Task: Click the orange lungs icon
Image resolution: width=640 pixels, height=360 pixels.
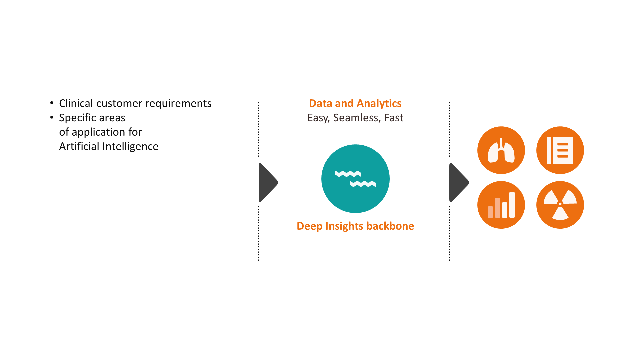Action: (x=501, y=150)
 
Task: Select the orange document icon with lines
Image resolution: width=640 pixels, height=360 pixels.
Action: (x=560, y=150)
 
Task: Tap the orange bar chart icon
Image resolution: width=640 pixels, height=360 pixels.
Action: (x=501, y=205)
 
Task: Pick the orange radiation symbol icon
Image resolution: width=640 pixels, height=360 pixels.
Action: (x=560, y=205)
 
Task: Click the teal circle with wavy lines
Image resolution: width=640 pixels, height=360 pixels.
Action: (x=355, y=179)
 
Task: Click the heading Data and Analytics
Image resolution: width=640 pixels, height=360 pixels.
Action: (x=355, y=103)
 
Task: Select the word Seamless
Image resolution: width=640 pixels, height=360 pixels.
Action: (x=356, y=118)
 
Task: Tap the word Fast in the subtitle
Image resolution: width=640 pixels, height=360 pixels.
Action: (x=393, y=118)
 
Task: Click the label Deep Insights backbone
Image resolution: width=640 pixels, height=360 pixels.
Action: (x=355, y=226)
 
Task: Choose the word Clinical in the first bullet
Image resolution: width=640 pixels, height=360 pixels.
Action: (x=76, y=103)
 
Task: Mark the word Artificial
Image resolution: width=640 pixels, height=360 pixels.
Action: (x=79, y=146)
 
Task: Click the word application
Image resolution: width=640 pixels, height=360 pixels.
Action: (x=98, y=132)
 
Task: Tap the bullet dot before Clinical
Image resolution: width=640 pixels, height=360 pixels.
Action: (x=52, y=103)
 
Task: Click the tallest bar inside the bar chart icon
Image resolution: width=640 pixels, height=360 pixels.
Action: (x=512, y=205)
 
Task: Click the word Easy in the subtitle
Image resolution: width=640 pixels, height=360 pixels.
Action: (x=318, y=118)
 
